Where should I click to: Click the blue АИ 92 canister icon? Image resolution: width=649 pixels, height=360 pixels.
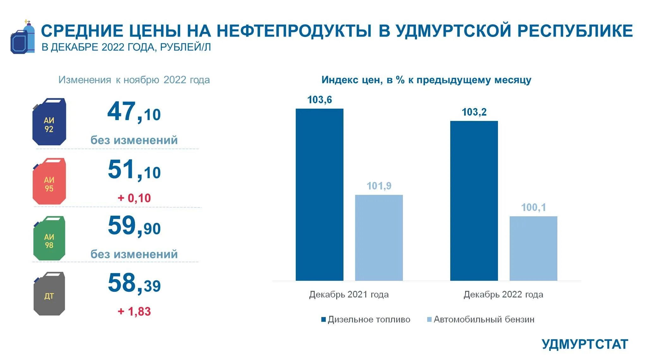point(49,122)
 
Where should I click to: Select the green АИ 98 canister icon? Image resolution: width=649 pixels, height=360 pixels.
point(49,239)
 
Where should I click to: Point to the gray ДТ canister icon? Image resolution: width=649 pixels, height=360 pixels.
point(49,294)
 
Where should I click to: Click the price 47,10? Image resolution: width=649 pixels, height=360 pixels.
point(134,112)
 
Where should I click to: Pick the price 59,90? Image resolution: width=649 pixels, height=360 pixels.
point(134,226)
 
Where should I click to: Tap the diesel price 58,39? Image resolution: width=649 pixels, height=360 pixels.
point(134,283)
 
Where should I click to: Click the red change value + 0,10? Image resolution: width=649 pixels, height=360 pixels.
point(134,198)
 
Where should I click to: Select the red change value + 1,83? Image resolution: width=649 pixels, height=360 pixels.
point(134,311)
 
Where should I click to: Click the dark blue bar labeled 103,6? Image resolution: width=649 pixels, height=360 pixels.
point(319,195)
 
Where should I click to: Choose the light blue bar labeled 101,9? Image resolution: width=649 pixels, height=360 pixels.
point(379,237)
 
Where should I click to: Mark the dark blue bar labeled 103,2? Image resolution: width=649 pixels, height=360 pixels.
point(474,201)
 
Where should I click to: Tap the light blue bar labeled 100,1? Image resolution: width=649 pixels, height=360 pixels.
point(533,248)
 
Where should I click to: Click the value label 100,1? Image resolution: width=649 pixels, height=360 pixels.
point(533,207)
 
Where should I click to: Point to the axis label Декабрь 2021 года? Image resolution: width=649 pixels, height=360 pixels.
point(349,294)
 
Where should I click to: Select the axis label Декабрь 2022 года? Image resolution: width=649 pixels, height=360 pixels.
point(503,294)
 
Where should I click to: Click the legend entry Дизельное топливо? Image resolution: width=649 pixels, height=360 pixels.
point(366,319)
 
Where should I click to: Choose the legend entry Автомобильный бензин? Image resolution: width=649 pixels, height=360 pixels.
point(481,319)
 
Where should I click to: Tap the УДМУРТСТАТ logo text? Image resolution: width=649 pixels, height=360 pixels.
point(585,344)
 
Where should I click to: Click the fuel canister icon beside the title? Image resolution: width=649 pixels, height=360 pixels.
point(22,38)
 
